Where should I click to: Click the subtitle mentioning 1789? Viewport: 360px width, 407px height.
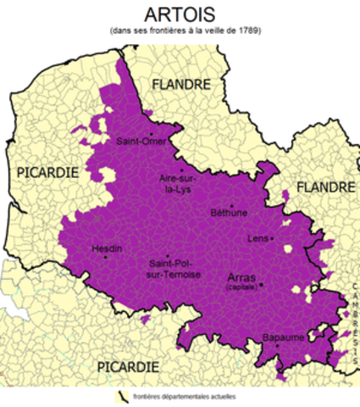pyautogui.click(x=180, y=31)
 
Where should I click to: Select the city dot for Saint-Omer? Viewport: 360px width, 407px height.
pyautogui.click(x=150, y=133)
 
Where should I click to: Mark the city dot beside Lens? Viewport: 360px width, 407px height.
pyautogui.click(x=272, y=239)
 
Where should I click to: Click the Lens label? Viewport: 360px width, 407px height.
pyautogui.click(x=258, y=239)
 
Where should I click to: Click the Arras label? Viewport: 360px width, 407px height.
pyautogui.click(x=242, y=277)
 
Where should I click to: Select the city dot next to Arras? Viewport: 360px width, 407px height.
pyautogui.click(x=263, y=284)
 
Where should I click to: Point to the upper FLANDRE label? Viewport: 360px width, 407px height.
pyautogui.click(x=181, y=84)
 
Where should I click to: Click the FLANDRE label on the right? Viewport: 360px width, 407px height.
pyautogui.click(x=325, y=187)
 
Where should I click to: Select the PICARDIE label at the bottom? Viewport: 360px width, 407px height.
pyautogui.click(x=127, y=365)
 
